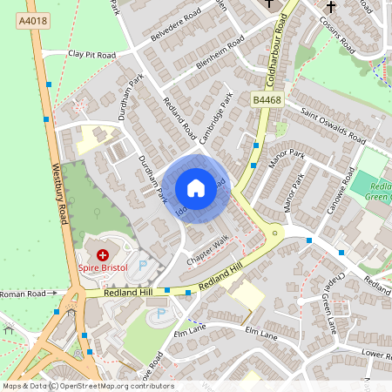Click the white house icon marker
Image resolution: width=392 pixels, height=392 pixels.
(x=195, y=187)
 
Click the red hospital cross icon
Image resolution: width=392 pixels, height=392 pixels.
(x=104, y=255)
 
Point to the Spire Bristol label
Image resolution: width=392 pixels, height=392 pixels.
(x=105, y=269)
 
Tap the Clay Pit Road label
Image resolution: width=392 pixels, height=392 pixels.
(x=91, y=54)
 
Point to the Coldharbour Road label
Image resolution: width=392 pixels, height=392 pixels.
(x=281, y=44)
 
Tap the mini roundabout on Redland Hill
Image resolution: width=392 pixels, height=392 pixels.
(x=276, y=233)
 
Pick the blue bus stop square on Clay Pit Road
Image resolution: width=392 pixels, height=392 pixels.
(x=48, y=83)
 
